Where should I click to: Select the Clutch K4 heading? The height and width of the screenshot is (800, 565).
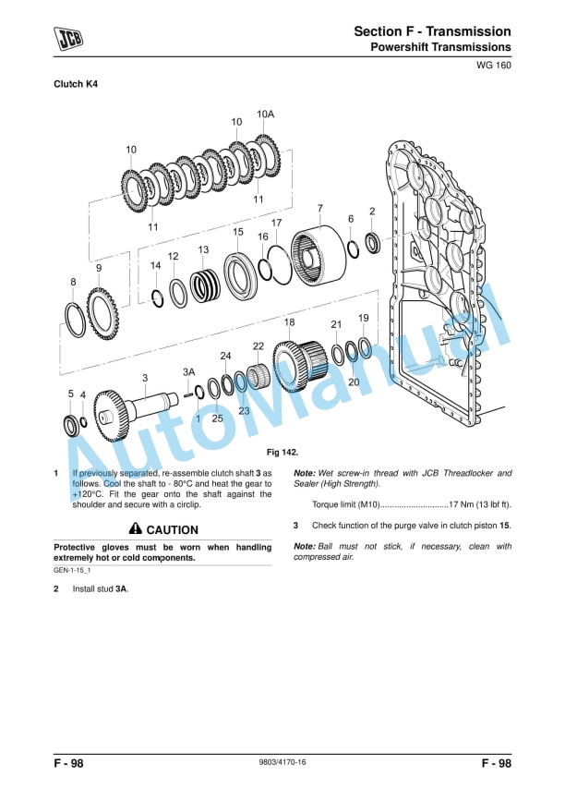click(76, 84)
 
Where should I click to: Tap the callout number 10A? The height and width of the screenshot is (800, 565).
click(265, 114)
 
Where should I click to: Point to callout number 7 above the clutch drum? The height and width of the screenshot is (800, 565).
click(319, 208)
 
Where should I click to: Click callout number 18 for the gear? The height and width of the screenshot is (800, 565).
click(289, 321)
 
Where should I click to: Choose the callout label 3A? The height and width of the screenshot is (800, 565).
click(188, 371)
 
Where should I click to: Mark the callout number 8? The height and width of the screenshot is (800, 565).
click(73, 281)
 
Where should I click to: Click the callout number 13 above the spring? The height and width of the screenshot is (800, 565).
click(203, 249)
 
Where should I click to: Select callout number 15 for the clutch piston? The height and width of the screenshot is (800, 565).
click(238, 232)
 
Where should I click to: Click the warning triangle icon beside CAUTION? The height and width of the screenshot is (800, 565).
click(136, 529)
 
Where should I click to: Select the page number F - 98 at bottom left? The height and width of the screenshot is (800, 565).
click(70, 763)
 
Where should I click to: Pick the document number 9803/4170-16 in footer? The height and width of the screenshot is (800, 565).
click(282, 763)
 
